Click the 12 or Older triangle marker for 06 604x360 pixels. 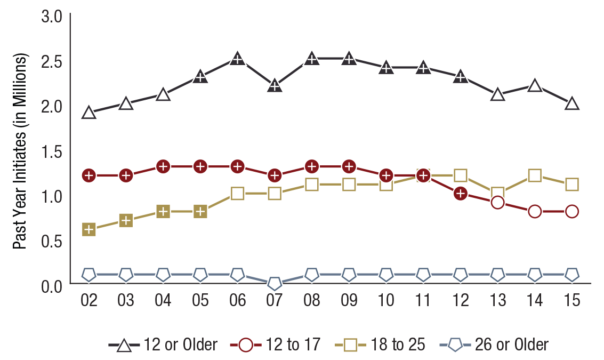[x=237, y=59]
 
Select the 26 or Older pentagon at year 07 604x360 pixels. [x=275, y=283]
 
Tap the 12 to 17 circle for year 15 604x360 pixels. [x=572, y=211]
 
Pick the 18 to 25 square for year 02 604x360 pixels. [x=89, y=229]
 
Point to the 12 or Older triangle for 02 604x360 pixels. [x=89, y=113]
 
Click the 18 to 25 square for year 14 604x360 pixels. [x=535, y=175]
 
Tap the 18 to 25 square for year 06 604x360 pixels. [x=237, y=193]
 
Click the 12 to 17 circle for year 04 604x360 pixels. [x=163, y=166]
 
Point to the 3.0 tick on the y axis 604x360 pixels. [x=52, y=16]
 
